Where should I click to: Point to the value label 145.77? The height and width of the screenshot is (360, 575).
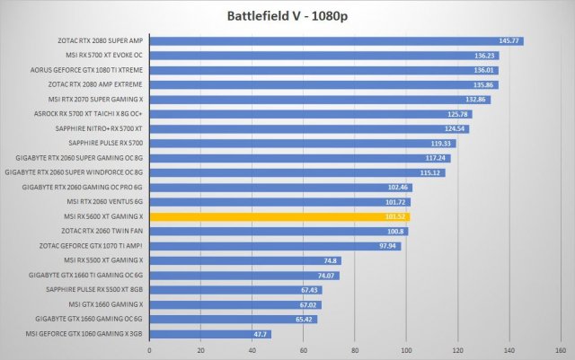coord(509,40)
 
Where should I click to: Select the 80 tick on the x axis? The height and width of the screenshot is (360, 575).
coord(355,350)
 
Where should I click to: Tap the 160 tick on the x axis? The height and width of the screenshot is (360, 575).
coord(560,350)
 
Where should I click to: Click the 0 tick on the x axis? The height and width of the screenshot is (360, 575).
coord(149,350)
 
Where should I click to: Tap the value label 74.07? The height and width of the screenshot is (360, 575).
coord(326,275)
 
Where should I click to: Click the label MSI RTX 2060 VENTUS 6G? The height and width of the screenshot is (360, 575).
coord(106,202)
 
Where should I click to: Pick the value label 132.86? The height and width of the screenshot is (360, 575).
coord(477,99)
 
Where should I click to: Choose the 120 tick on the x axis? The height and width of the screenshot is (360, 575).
coord(457,350)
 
